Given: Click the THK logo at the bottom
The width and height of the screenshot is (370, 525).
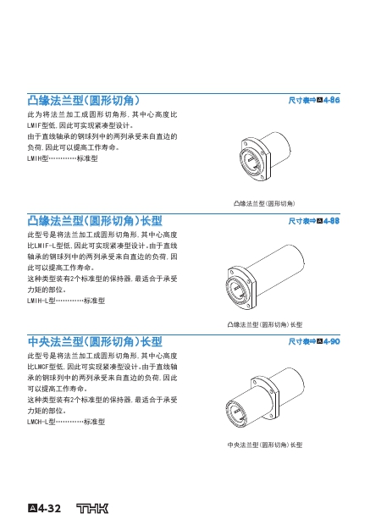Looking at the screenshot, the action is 92,508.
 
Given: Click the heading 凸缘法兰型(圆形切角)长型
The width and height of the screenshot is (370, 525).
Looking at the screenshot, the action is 95,221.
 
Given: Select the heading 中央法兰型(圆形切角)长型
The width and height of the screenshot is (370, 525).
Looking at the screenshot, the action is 95,342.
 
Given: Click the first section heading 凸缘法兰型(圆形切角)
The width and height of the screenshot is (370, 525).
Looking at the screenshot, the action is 83,101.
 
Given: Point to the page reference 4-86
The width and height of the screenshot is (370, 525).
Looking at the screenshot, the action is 332,100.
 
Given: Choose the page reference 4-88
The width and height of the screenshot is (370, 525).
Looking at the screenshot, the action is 332,221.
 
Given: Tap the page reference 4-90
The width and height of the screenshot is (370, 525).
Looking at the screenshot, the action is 332,341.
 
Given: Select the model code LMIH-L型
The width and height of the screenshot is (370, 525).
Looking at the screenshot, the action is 41,301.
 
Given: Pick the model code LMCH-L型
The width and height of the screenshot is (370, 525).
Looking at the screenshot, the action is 41,422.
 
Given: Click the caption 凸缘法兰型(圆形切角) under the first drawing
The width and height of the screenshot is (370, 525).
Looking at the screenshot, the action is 264,203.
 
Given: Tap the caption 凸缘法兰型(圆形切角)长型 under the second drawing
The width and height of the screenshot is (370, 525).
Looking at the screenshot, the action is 265,324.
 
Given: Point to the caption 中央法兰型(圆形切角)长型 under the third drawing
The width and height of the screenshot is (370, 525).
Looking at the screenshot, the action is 265,445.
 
